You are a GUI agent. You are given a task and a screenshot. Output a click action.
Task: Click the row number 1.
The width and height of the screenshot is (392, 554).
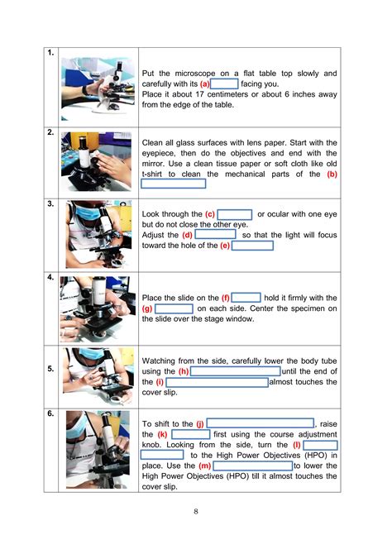coord(51,54)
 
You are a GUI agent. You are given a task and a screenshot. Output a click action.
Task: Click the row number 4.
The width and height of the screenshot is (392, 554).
coord(51,278)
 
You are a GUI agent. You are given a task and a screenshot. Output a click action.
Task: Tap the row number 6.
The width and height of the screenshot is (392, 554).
coord(51,413)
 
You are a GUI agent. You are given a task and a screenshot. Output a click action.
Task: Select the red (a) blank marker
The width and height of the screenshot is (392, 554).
coord(204,84)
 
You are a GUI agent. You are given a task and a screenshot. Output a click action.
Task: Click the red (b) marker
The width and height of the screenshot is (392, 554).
coord(332,174)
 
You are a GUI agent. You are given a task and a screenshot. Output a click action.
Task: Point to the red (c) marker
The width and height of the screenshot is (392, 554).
coord(210,214)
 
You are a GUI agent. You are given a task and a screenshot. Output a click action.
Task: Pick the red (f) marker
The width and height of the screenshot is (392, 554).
coord(225,298)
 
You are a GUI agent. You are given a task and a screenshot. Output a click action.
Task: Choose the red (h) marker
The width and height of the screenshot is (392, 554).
coord(184,372)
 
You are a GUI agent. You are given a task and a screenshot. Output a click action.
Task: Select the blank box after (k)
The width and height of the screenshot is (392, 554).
coord(191,434)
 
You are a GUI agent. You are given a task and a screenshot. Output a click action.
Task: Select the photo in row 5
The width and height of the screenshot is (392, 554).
coord(97,373)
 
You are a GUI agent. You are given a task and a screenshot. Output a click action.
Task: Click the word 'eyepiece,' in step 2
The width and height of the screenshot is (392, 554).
coord(162,153)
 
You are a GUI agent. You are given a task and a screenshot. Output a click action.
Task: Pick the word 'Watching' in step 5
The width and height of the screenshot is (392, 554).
coord(163,361)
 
